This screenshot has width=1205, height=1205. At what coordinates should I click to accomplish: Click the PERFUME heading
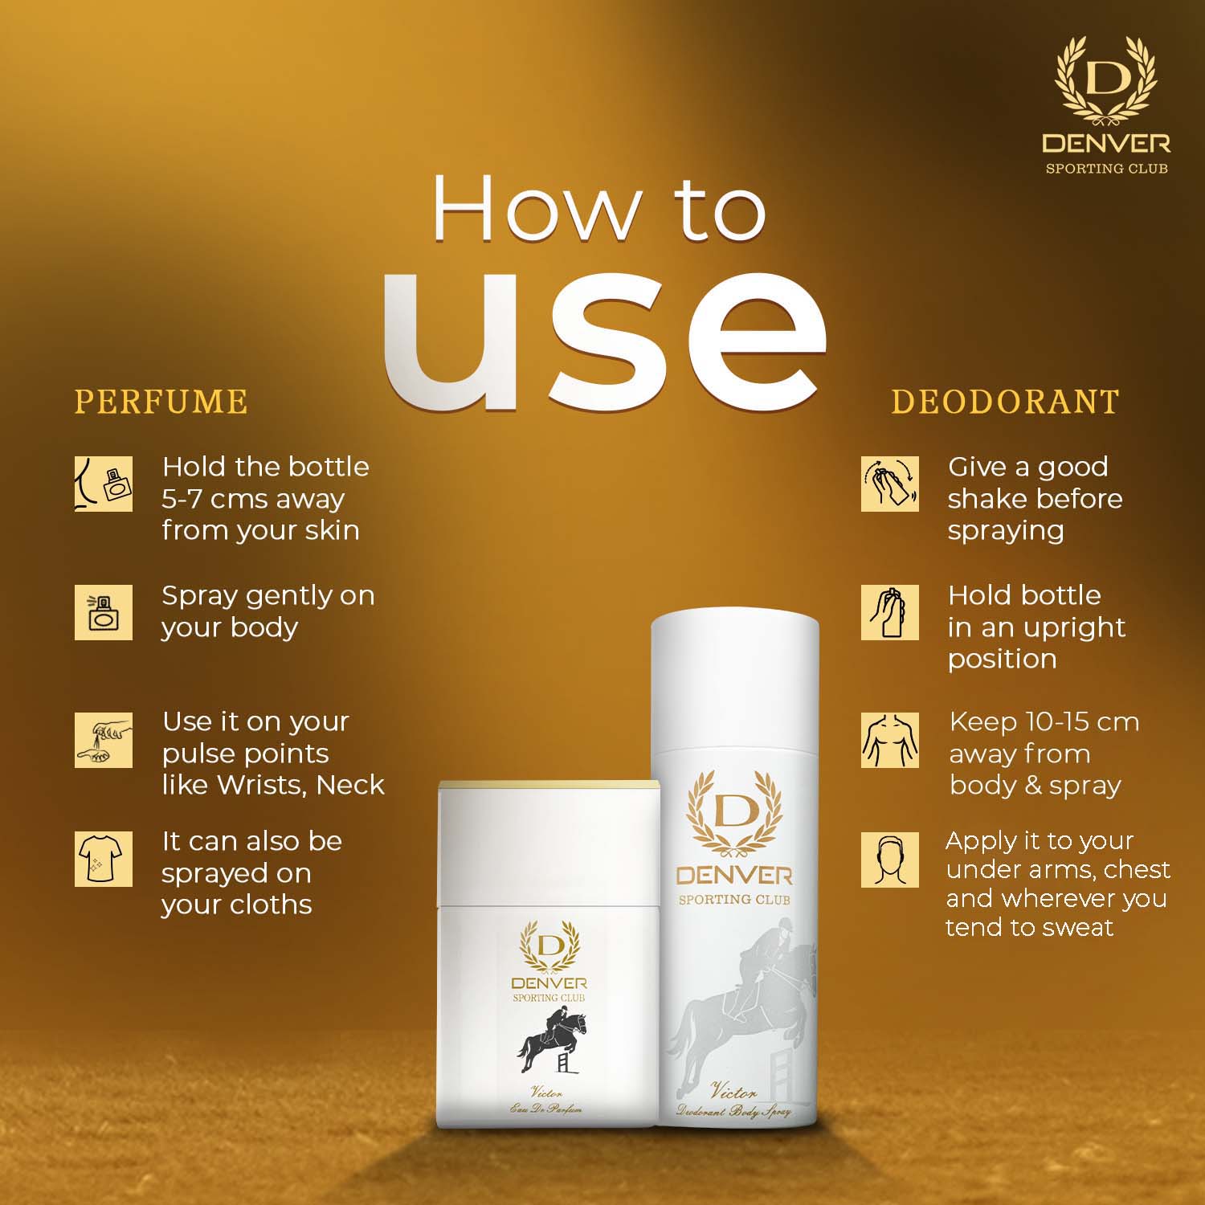click(161, 402)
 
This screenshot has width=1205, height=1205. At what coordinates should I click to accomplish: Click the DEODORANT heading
click(1005, 402)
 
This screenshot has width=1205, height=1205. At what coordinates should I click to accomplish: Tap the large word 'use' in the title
click(604, 340)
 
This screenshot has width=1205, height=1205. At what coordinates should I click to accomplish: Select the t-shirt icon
click(104, 860)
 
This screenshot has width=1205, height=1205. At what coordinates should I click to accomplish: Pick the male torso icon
click(890, 739)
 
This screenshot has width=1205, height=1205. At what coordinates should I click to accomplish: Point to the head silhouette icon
click(890, 860)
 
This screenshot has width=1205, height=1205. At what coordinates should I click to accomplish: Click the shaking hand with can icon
click(890, 484)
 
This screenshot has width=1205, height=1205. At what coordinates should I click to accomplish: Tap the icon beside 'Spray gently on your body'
click(104, 612)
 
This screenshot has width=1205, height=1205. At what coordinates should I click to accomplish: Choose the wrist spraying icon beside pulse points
click(104, 739)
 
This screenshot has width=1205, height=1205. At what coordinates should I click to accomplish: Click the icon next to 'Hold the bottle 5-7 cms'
click(104, 484)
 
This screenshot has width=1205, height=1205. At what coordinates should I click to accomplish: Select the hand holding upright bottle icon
click(890, 612)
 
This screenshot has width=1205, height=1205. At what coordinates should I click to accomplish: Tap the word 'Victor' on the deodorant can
click(733, 1092)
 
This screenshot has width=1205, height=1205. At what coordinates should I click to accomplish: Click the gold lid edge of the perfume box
click(549, 782)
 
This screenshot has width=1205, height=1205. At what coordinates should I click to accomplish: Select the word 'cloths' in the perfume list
click(271, 905)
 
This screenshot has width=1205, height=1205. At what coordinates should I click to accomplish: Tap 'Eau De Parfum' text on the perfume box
click(545, 1109)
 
